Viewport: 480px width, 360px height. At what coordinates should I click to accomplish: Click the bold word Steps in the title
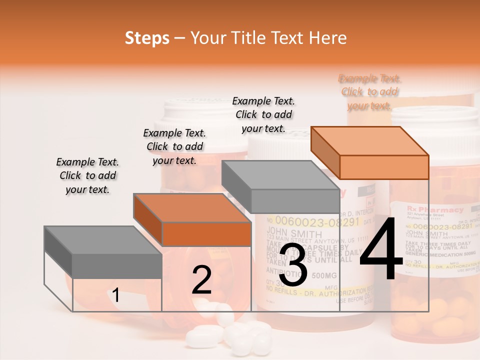tap(147, 38)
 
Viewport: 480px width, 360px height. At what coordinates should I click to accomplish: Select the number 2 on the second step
tap(201, 280)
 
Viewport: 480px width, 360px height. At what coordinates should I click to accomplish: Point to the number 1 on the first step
tap(116, 295)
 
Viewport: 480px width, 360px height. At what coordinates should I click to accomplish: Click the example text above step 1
tap(87, 176)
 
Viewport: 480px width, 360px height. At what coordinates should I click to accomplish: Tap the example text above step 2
tap(174, 146)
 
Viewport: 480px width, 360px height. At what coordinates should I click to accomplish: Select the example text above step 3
tap(263, 114)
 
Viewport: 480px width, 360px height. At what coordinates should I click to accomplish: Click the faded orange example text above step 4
tap(369, 92)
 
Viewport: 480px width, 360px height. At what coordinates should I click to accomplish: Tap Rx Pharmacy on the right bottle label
tap(434, 209)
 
